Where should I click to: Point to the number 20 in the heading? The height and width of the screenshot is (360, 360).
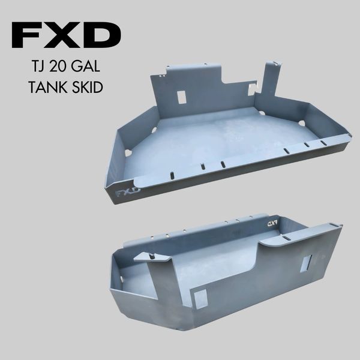coord(59,66)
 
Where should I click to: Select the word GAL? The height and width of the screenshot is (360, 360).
coord(86,66)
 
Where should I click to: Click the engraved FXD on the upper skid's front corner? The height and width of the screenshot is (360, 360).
coord(128,193)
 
